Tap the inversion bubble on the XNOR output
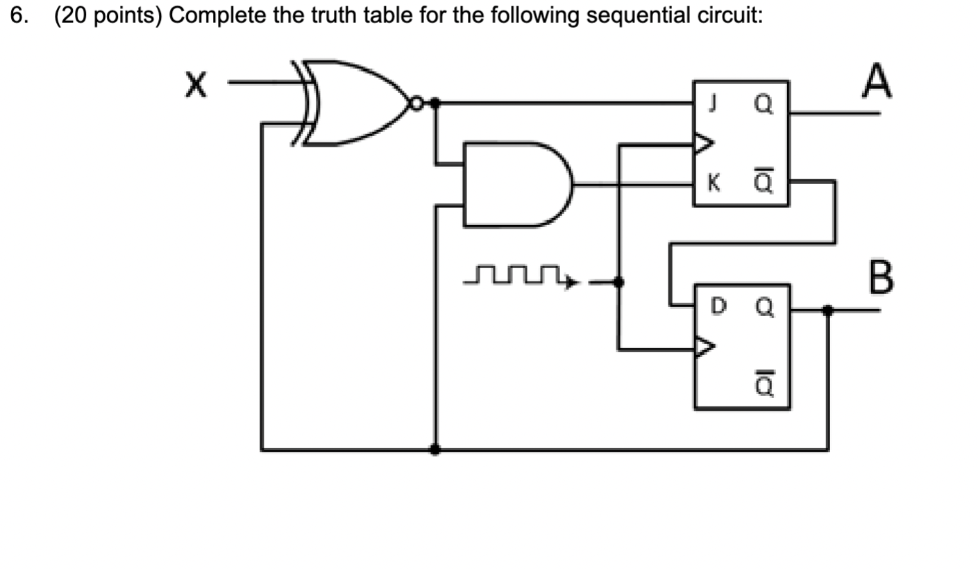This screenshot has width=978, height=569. point(416,104)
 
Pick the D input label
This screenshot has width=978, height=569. point(718,305)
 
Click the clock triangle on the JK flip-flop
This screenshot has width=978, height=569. point(703,144)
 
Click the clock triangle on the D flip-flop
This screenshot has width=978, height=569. point(704,346)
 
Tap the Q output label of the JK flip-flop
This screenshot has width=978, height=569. point(762,106)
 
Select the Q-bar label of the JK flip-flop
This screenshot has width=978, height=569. point(762,183)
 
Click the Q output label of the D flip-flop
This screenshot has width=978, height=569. point(764,306)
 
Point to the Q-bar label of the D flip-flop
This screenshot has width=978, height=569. point(764,384)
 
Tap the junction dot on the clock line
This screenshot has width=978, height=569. point(619,281)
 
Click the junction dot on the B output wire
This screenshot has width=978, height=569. point(827,310)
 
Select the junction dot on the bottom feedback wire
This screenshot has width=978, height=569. point(435,450)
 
